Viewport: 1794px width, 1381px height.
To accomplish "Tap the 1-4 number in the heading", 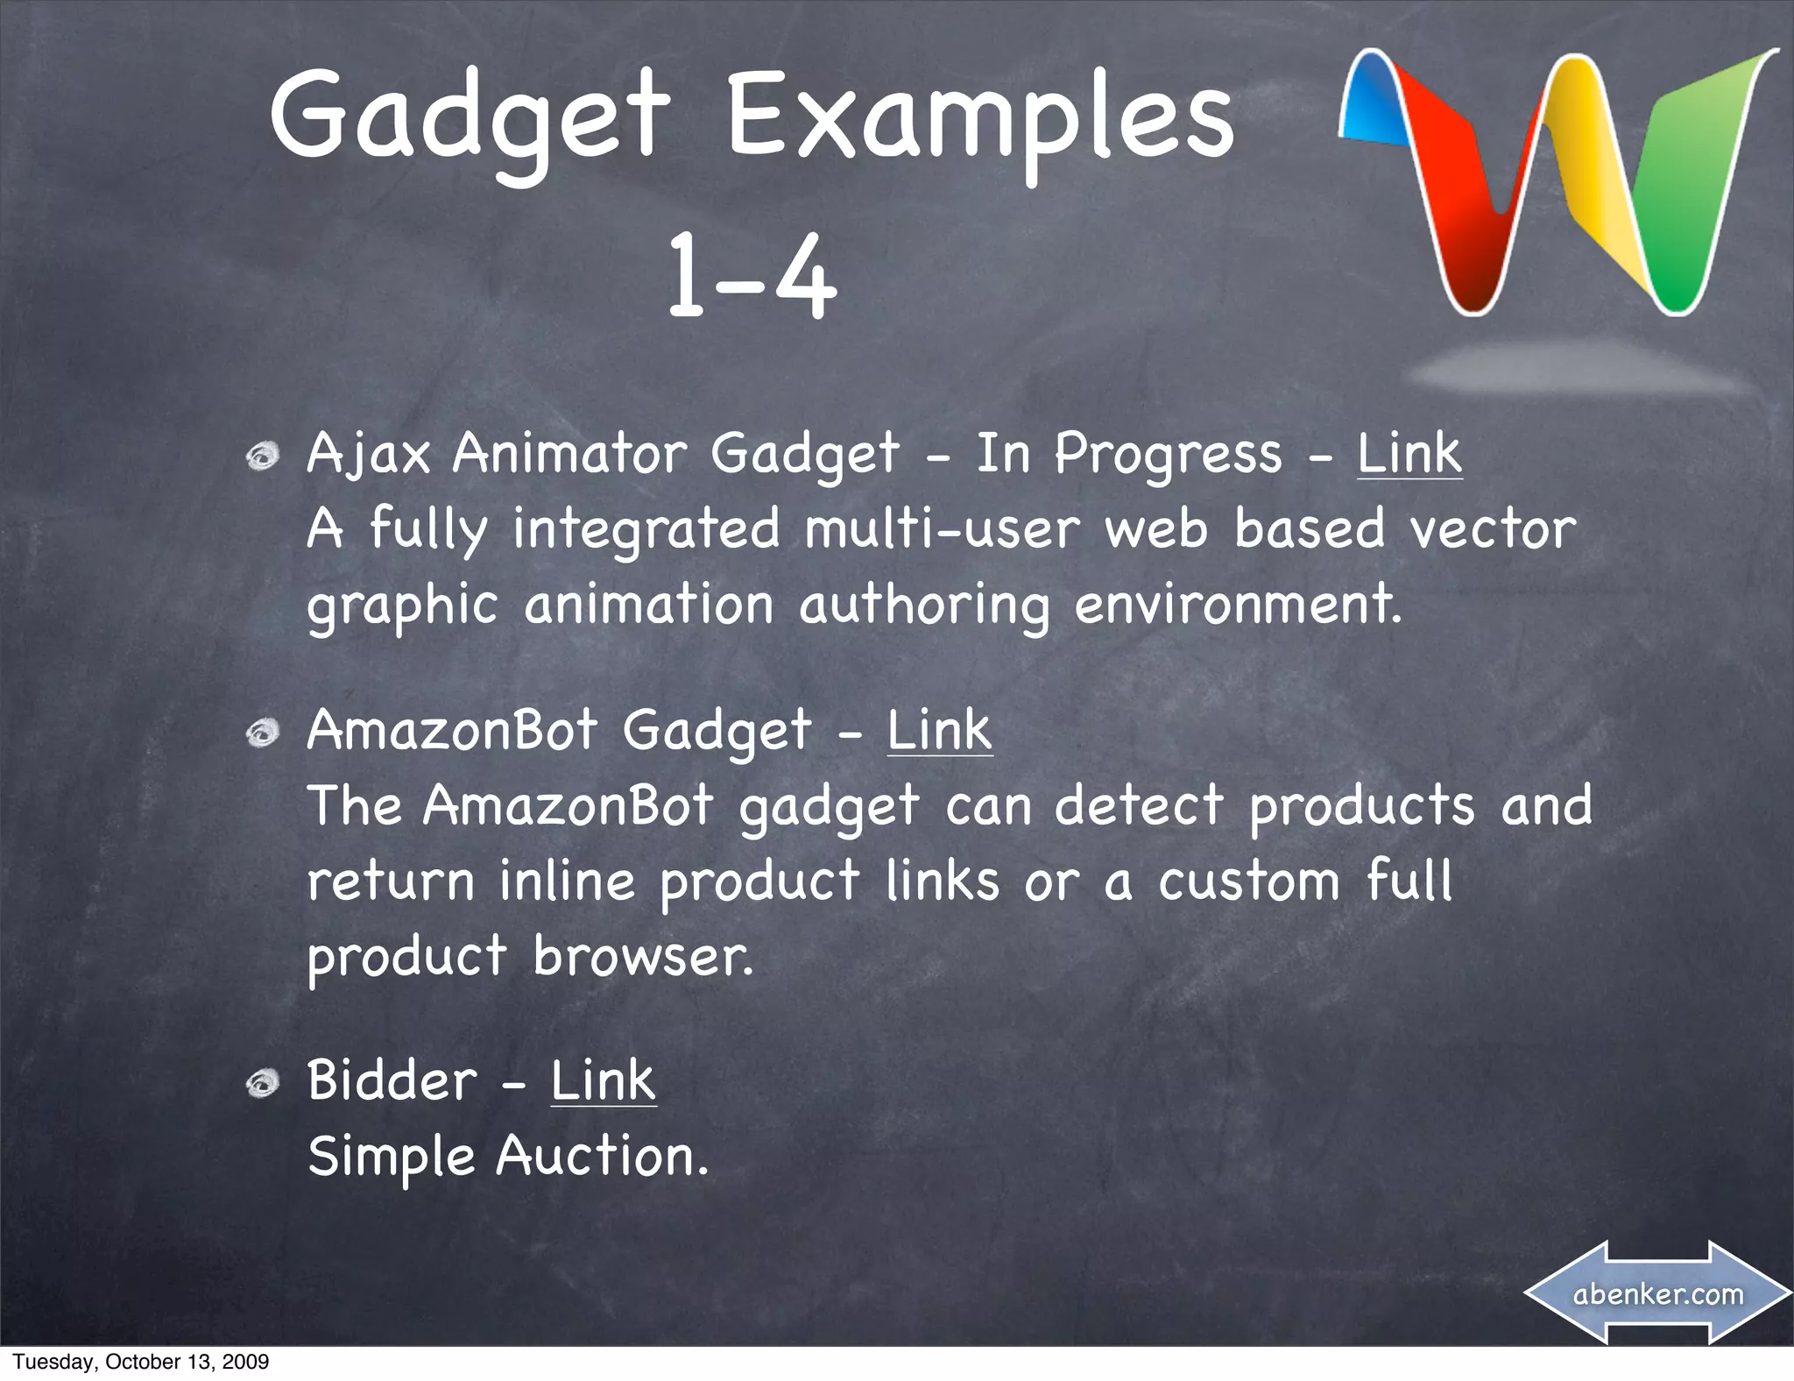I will pos(752,276).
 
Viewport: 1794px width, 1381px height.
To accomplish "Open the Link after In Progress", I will pos(1409,454).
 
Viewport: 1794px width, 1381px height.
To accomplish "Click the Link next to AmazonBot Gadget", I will pos(939,730).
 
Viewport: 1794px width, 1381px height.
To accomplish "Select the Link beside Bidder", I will pos(603,1080).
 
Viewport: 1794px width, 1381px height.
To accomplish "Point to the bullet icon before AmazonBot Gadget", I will pos(262,733).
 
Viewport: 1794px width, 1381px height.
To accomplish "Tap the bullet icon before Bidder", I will pos(262,1084).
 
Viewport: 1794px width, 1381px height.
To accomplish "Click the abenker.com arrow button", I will pos(1657,1293).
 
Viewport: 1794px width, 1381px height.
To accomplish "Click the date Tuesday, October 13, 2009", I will pos(140,1362).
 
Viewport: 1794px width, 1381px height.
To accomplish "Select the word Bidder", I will pos(391,1080).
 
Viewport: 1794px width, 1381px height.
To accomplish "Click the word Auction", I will pos(601,1157).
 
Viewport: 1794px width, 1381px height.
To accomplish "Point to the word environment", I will pos(1237,605).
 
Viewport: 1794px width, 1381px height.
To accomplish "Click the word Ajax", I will pos(368,456).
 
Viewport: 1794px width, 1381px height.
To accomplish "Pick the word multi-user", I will pos(943,529).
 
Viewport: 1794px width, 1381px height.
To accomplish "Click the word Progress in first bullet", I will pos(1167,456).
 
